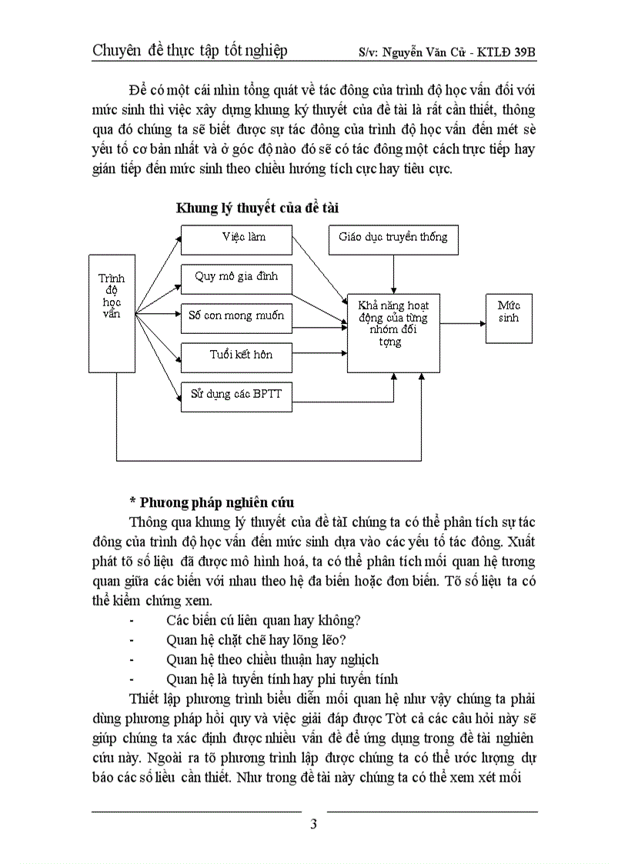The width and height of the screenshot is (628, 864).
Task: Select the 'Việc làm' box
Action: click(237, 239)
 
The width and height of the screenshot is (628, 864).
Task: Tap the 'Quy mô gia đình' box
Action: click(237, 279)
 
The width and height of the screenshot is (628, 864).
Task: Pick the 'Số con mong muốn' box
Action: click(237, 315)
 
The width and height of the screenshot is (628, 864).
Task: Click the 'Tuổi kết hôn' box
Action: click(237, 355)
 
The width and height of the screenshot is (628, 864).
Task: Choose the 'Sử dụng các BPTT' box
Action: click(237, 394)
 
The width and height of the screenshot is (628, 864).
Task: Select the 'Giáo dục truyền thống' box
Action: click(393, 239)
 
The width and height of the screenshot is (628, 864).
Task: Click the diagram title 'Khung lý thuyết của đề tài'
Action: click(257, 208)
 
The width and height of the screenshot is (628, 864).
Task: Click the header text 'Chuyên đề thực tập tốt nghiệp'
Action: click(190, 52)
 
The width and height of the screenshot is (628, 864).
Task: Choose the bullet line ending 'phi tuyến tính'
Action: click(282, 679)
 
